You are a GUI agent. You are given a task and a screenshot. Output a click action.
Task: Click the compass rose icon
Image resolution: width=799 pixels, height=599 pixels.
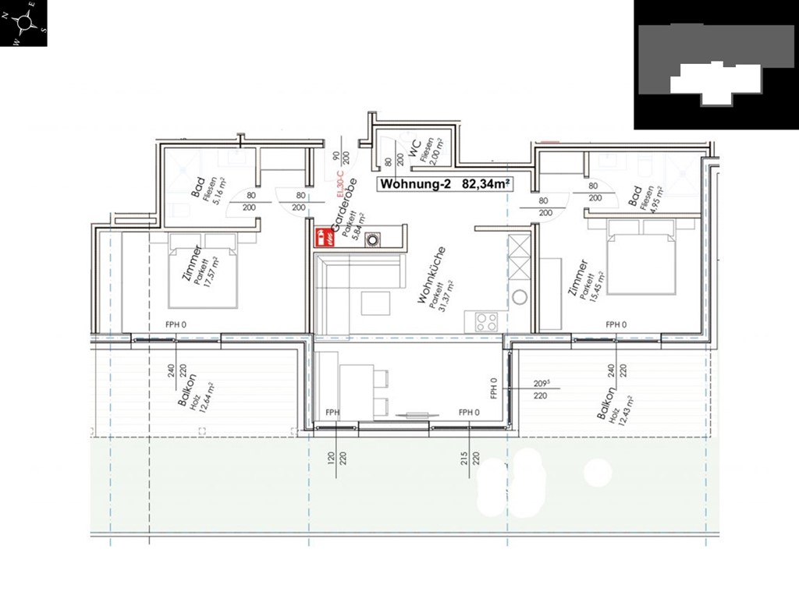click(24, 23)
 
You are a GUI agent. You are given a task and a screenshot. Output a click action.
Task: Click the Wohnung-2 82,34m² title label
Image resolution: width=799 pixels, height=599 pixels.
click(445, 185)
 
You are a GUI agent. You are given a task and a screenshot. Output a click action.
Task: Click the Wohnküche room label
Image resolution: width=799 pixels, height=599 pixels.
click(431, 275)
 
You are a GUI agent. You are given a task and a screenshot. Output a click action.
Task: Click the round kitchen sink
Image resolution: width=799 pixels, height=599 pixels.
click(520, 298)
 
